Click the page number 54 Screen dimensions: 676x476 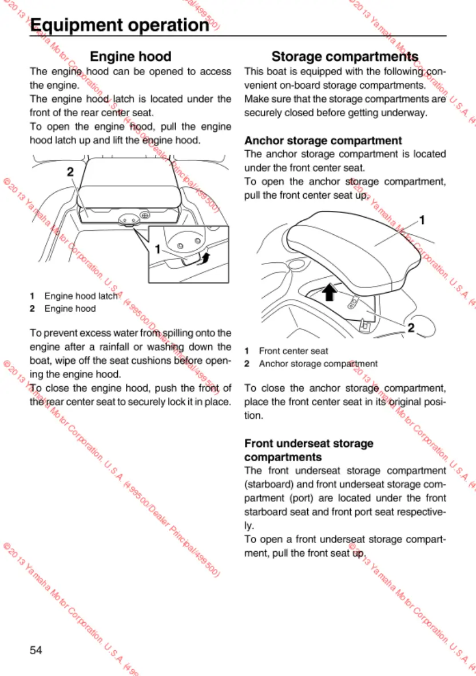[36, 650]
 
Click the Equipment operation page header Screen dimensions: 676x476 [119, 25]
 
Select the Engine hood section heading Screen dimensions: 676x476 [130, 57]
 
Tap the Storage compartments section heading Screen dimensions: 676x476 [344, 57]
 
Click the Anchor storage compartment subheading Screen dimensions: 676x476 [323, 140]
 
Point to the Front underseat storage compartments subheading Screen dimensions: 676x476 [309, 450]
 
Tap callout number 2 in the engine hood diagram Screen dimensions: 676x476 [70, 171]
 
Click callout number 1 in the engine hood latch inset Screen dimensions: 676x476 [157, 249]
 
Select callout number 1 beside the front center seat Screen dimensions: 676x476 [422, 219]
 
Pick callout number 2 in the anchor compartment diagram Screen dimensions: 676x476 [411, 327]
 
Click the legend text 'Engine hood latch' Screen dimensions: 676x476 [81, 296]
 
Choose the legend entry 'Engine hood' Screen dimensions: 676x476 [70, 309]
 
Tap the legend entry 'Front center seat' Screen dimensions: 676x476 [293, 351]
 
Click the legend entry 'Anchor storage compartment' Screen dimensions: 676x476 [318, 364]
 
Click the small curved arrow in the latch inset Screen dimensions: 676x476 [207, 258]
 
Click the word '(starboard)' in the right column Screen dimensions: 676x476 [267, 484]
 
